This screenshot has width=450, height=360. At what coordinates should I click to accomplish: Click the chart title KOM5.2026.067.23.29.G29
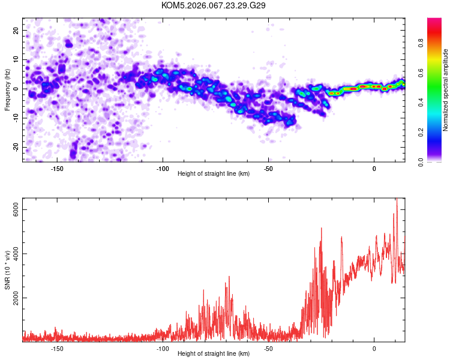(213, 5)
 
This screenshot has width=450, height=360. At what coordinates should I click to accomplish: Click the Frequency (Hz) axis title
(7, 90)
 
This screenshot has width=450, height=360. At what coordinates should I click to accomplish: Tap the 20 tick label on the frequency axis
(16, 31)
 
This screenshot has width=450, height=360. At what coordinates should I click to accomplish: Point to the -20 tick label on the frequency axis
(16, 147)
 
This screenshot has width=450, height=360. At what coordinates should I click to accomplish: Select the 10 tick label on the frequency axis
(16, 59)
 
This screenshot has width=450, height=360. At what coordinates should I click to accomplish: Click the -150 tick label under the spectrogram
(57, 169)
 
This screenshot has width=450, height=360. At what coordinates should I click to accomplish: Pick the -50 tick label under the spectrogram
(268, 169)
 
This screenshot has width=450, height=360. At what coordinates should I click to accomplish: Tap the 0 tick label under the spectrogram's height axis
(374, 169)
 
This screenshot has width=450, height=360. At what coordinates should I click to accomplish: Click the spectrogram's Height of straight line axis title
(214, 173)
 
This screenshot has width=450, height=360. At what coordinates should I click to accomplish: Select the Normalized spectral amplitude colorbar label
(445, 90)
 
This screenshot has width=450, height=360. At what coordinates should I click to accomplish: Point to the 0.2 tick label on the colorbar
(421, 133)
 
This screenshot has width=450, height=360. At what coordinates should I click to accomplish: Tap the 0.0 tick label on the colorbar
(421, 162)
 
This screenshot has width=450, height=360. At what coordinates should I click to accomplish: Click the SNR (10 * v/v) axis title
(7, 270)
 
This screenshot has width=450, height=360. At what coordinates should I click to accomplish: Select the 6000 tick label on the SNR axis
(16, 209)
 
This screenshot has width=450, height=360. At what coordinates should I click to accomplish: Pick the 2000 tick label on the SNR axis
(16, 298)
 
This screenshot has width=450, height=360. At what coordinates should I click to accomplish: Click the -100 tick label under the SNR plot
(163, 349)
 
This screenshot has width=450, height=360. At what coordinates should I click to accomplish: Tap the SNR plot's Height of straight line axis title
(214, 353)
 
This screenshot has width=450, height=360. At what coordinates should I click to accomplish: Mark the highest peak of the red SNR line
(397, 199)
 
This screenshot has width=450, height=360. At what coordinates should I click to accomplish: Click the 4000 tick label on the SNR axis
(16, 253)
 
